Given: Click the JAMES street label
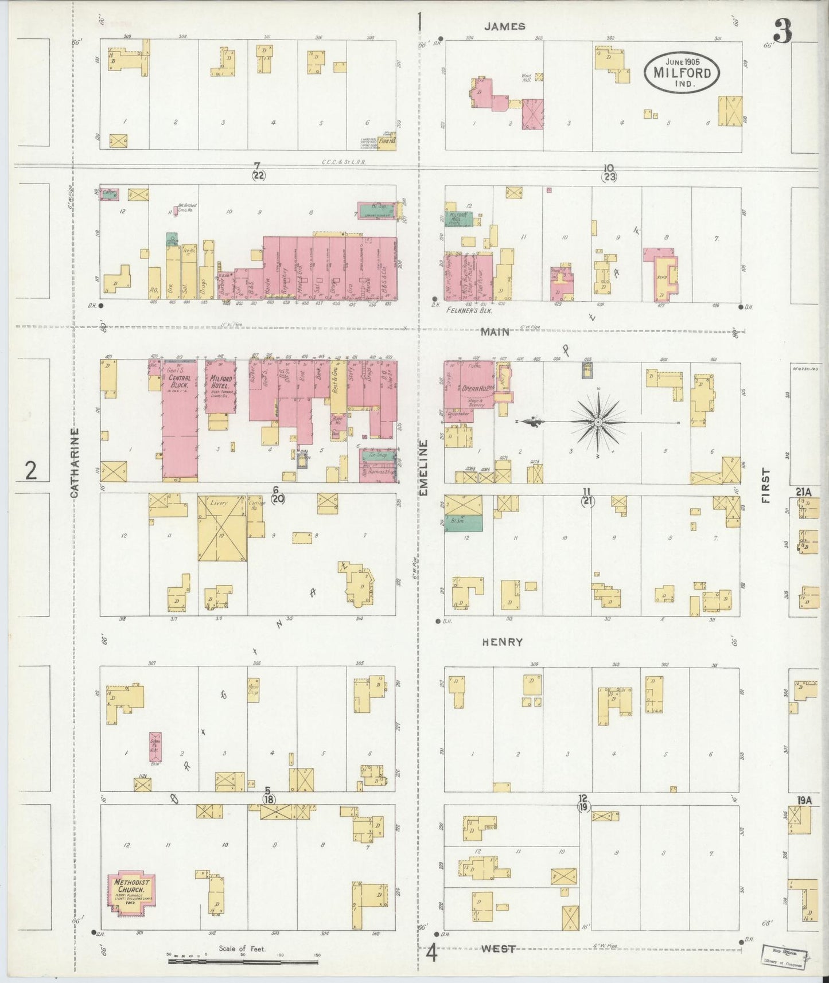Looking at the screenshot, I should click(x=504, y=26).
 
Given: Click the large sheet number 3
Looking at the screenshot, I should click(x=783, y=32).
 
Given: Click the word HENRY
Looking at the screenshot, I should click(x=502, y=642).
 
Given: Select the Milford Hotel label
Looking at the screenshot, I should click(x=220, y=383).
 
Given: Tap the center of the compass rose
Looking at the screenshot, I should click(x=598, y=422).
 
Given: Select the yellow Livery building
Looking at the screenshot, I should click(x=222, y=528).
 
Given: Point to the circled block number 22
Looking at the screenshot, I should click(x=258, y=175).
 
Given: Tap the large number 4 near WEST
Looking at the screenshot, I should click(x=431, y=955).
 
